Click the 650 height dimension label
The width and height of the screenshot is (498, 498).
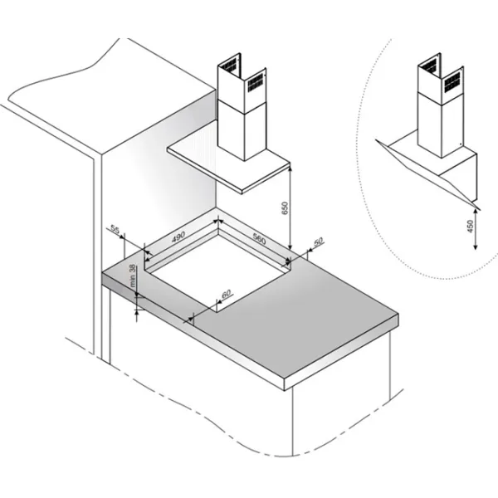pos(285,207)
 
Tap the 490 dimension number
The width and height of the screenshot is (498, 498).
pos(178,237)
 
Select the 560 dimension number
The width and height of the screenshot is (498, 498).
pos(259,238)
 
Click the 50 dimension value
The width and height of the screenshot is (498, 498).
pos(318,242)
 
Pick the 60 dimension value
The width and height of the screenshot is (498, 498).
pos(226,294)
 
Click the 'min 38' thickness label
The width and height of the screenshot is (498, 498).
pos(133,276)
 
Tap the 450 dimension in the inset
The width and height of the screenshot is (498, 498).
pos(471,226)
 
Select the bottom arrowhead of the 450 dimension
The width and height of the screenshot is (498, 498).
pos(475,247)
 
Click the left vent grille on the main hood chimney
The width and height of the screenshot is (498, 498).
pos(229,66)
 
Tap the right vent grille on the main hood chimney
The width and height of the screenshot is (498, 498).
pos(256,83)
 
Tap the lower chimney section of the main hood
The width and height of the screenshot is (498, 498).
pos(242,130)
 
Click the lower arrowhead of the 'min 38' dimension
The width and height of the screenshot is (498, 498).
pos(137,311)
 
